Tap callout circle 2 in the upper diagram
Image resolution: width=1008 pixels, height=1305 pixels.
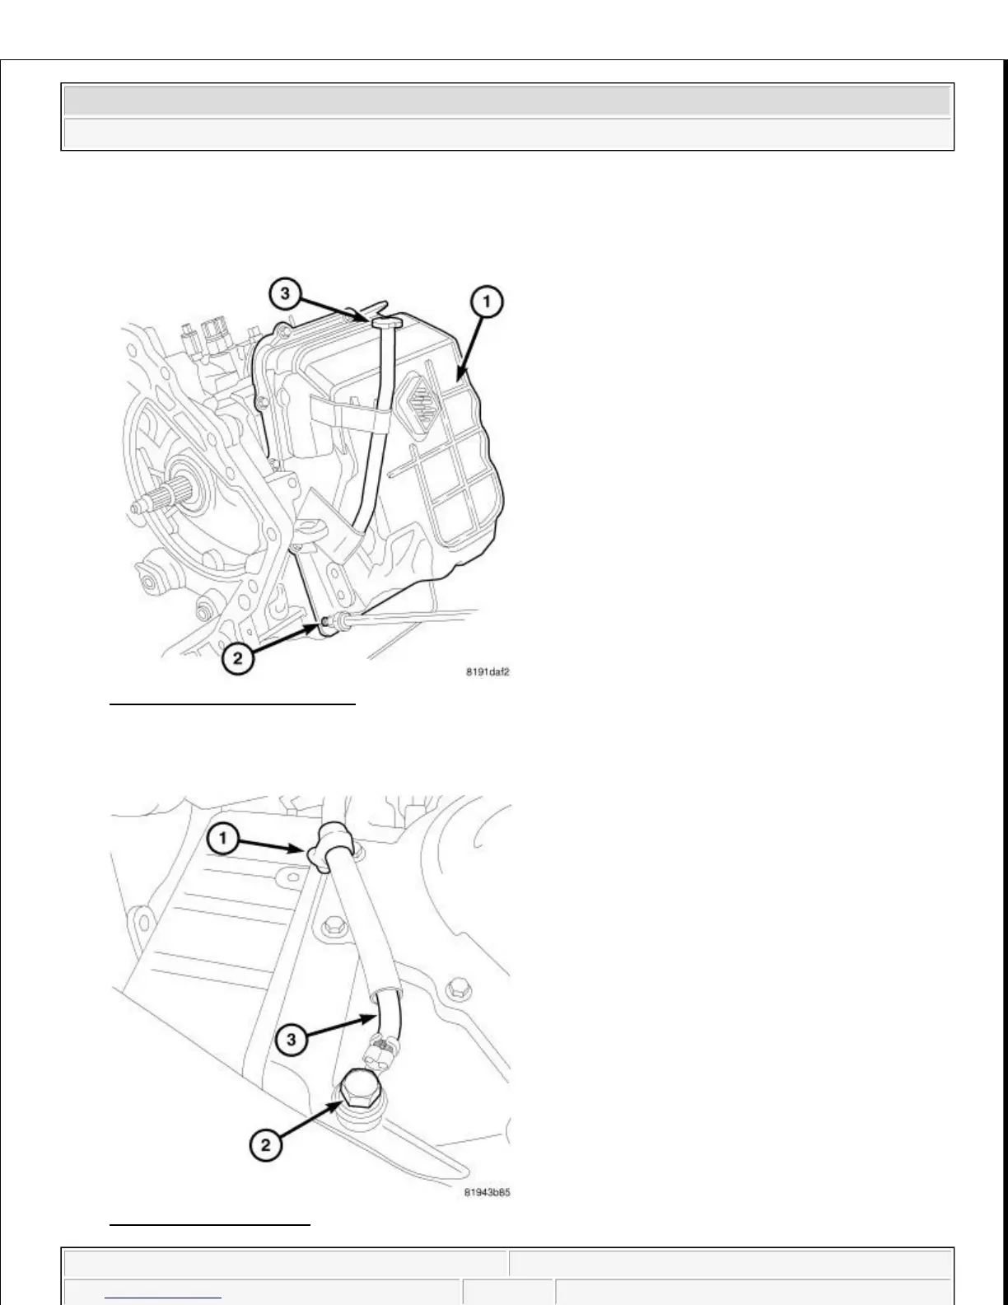point(237,659)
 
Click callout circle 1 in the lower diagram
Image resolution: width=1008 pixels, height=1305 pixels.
point(223,840)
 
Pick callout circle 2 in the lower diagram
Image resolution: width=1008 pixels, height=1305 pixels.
point(265,1144)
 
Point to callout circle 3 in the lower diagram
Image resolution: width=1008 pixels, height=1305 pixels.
point(291,1040)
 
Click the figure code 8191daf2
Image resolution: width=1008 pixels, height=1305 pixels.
point(489,671)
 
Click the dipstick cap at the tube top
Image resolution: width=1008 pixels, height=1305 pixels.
point(385,323)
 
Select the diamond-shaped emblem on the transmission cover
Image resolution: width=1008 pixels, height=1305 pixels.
point(420,400)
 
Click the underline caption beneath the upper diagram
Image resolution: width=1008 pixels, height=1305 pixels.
point(232,705)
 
